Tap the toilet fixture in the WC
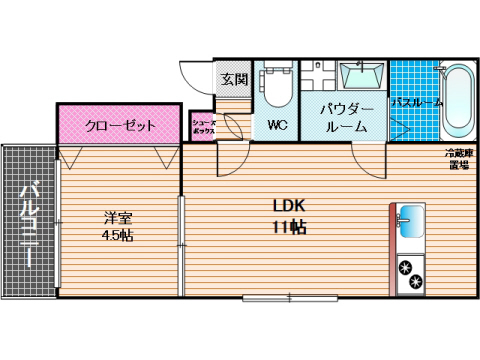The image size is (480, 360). click(276, 89)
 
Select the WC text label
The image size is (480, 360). click(277, 126)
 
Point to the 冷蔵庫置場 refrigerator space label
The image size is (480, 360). click(457, 160)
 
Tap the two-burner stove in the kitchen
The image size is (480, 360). click(410, 275)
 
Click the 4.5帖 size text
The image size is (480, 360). click(117, 236)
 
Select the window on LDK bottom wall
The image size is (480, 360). click(287, 297)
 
